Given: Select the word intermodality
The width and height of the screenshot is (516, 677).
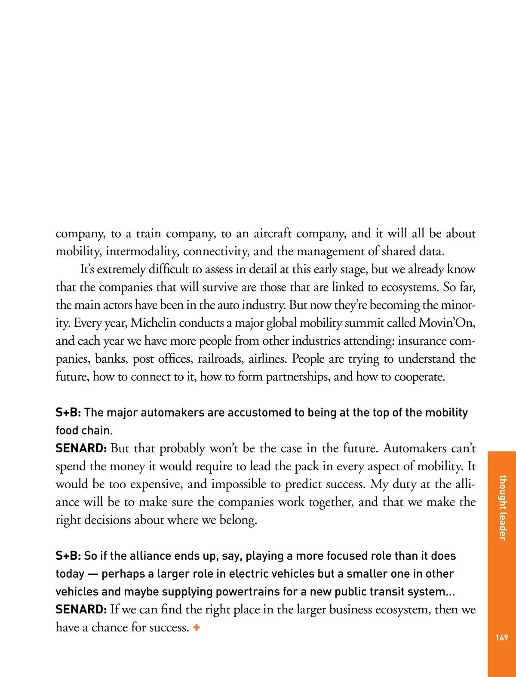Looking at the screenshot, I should coord(142,251).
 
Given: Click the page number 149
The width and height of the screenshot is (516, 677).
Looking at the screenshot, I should coord(502,637).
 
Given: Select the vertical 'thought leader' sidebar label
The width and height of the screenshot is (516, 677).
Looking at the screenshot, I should coord(502,508).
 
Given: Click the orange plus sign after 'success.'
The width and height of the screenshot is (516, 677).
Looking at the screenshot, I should coord(197,628).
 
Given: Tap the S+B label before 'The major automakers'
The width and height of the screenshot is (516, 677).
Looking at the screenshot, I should coord(68,413).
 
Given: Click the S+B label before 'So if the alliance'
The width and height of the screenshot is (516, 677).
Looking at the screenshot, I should coord(68,556).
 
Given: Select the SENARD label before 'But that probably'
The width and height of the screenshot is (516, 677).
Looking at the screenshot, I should coord(81,448).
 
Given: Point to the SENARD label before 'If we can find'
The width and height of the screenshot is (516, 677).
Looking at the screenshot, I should coord(81,610).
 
